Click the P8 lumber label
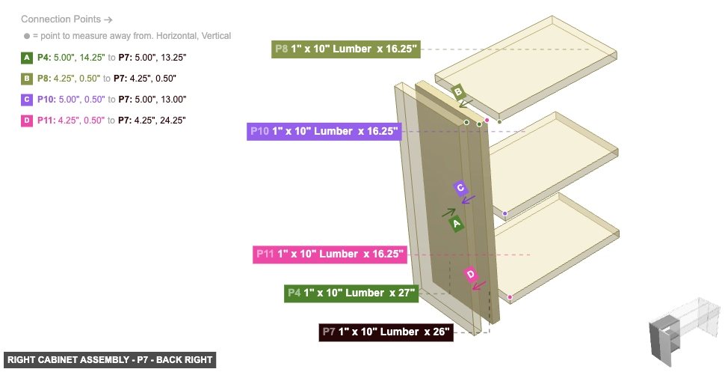[x=347, y=49]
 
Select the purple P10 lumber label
[x=324, y=132]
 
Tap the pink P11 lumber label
[x=330, y=254]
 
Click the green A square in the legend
[x=27, y=57]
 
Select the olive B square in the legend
[x=27, y=78]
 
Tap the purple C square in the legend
[x=27, y=99]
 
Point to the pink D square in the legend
[x=27, y=120]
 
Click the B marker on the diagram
[x=459, y=92]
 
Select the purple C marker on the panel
[x=460, y=188]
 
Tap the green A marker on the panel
[x=457, y=223]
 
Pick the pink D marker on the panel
[x=470, y=275]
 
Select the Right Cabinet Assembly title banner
[x=110, y=360]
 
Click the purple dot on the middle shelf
[x=505, y=214]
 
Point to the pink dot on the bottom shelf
[x=510, y=298]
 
